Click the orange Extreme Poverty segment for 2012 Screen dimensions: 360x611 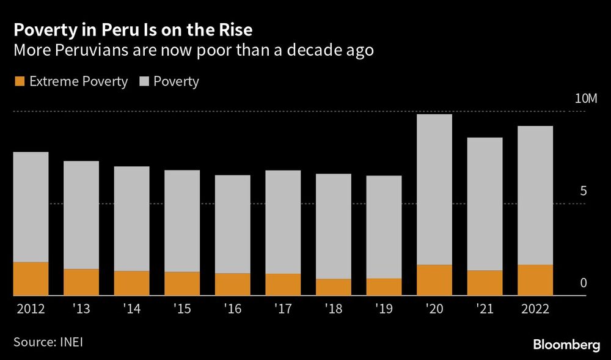click(x=31, y=279)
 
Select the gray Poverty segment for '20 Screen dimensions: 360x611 click(x=434, y=189)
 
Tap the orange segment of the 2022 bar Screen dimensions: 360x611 click(x=535, y=280)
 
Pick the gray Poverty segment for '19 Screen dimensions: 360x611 click(x=384, y=227)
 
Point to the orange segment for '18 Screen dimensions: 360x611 click(x=334, y=287)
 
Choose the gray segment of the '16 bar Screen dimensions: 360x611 click(x=232, y=224)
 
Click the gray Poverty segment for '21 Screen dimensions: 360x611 click(x=485, y=204)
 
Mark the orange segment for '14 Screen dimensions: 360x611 click(x=131, y=283)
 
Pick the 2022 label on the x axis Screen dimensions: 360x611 click(x=535, y=309)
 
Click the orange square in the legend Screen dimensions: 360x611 click(x=19, y=81)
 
